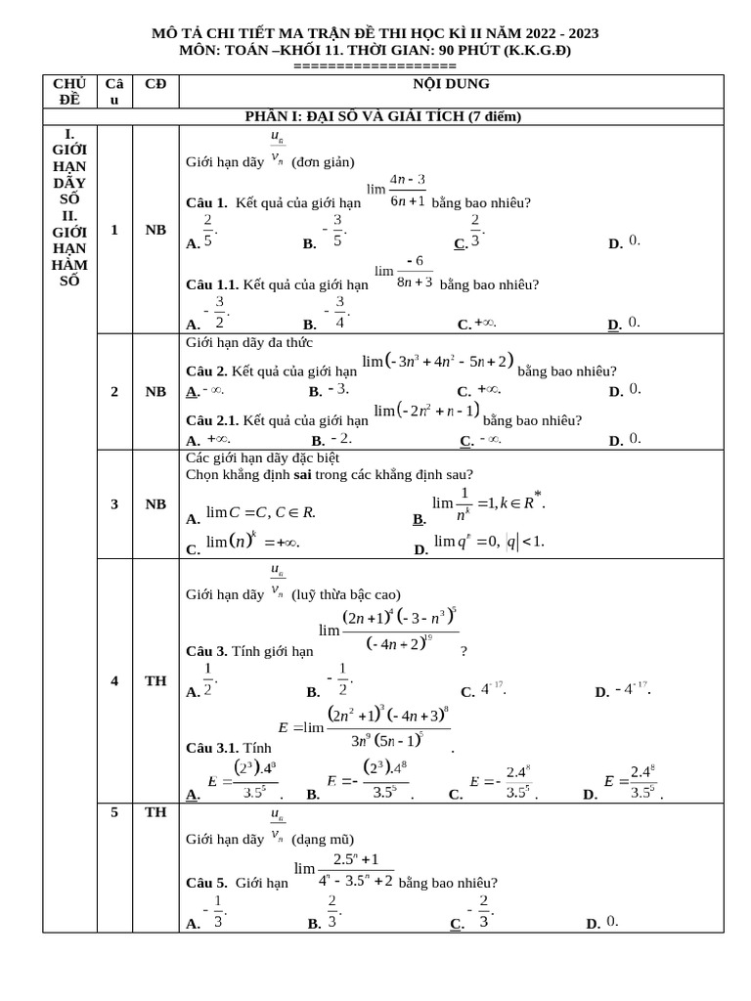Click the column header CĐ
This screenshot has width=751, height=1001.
point(155,84)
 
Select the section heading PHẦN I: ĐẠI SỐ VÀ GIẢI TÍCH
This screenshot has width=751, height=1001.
point(382,116)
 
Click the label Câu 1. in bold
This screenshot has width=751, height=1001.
point(206,203)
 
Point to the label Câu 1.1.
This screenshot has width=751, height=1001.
point(212,285)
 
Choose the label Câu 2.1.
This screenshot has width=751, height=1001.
point(212,421)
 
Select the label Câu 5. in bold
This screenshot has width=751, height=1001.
point(206,883)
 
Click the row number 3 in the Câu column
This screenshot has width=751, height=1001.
point(114,504)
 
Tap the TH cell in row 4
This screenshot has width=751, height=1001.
point(155,681)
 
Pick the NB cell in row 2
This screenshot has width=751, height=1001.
point(155,392)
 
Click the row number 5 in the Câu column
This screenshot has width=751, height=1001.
point(114,812)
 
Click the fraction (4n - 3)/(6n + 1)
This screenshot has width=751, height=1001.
point(407,190)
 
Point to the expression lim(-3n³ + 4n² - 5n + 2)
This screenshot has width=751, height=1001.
point(437,363)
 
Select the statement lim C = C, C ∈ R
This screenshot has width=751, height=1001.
point(260,512)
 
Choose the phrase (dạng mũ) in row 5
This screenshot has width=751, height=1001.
point(323,839)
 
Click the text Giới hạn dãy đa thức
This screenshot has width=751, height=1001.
point(249,342)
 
